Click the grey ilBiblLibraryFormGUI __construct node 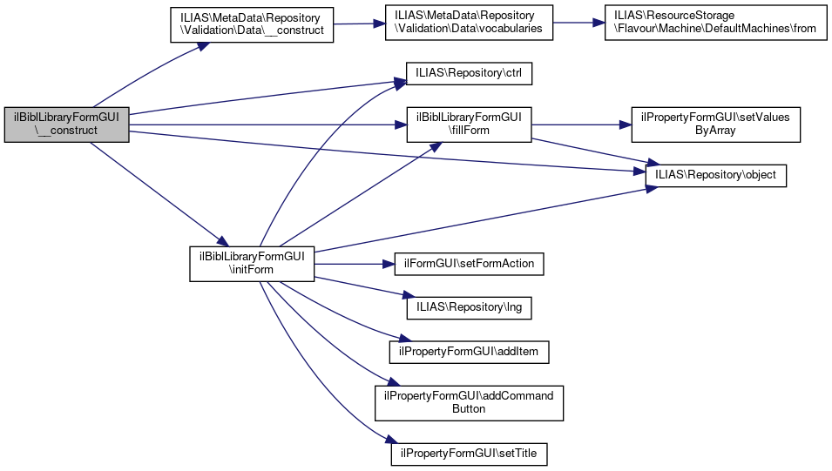pyautogui.click(x=66, y=124)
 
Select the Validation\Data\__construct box pyautogui.click(x=250, y=24)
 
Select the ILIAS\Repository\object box pyautogui.click(x=715, y=175)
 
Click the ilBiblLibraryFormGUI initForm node pyautogui.click(x=252, y=263)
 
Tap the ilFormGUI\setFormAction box pyautogui.click(x=470, y=262)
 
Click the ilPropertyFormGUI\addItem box pyautogui.click(x=470, y=351)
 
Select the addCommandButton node pyautogui.click(x=470, y=402)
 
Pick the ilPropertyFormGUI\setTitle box pyautogui.click(x=470, y=453)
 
